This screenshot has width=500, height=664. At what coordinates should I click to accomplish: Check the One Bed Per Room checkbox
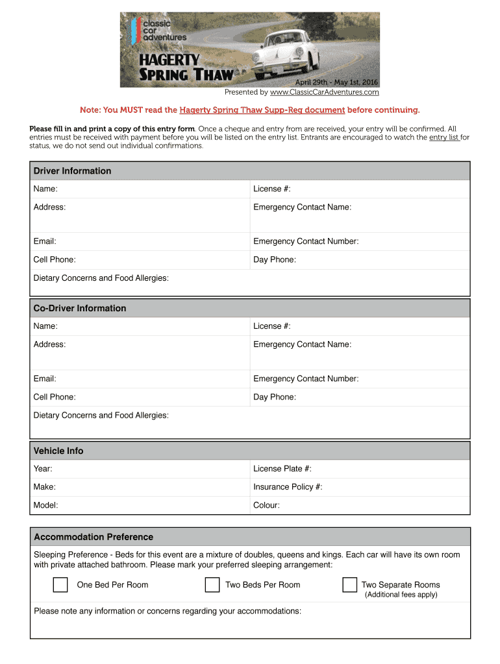(60, 585)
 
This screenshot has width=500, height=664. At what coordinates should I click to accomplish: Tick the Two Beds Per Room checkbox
(212, 585)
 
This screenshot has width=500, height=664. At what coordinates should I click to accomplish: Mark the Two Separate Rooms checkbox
(350, 585)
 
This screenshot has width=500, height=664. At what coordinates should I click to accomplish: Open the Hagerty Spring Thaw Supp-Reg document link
(262, 110)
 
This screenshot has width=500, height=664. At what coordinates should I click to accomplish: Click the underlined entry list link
(444, 137)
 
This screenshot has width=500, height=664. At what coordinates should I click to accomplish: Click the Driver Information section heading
(72, 171)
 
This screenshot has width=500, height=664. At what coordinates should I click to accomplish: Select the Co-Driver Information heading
(80, 309)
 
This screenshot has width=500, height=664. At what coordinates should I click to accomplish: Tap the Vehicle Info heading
(58, 451)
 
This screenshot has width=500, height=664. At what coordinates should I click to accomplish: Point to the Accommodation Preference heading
(94, 538)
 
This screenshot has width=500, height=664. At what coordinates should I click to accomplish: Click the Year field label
(43, 469)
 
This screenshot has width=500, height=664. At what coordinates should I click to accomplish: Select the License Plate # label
(282, 469)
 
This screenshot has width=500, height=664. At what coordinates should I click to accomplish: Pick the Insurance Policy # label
(288, 487)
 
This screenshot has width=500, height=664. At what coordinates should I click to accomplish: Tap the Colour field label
(266, 505)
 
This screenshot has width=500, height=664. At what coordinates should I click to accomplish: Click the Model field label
(45, 505)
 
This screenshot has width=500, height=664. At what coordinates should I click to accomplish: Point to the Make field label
(44, 487)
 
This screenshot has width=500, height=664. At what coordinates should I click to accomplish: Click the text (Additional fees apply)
(401, 595)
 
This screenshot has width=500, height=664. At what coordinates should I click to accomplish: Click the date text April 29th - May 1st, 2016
(336, 82)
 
